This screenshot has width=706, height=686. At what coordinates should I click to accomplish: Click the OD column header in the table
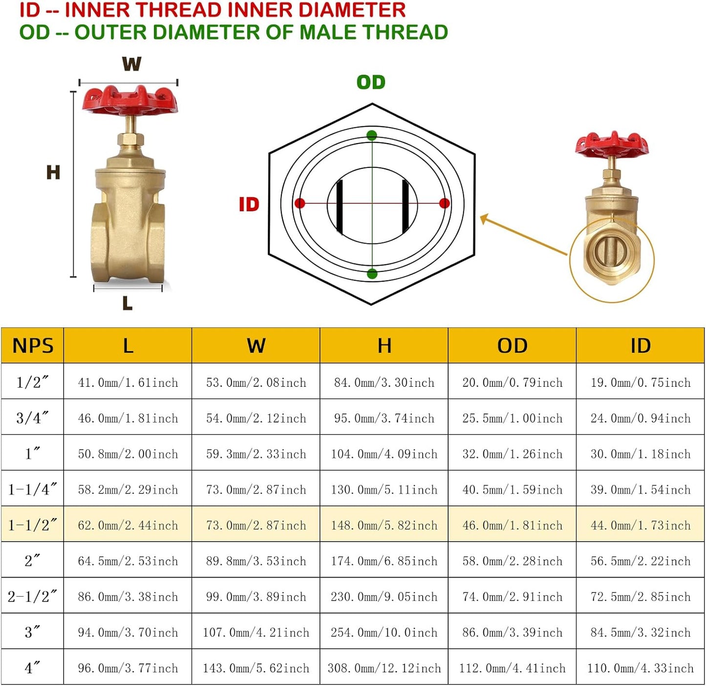click(512, 346)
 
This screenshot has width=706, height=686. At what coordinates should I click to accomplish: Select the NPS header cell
click(33, 346)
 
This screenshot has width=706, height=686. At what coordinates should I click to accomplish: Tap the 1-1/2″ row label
click(33, 525)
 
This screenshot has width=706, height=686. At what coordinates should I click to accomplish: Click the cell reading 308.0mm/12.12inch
click(384, 668)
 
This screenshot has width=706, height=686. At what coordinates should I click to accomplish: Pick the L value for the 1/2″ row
click(128, 382)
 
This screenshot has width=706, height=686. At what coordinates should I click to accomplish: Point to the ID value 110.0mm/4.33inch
click(640, 668)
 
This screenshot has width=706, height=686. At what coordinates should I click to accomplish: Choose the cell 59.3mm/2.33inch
click(256, 454)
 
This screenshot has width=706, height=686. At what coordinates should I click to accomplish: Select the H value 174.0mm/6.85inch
click(384, 561)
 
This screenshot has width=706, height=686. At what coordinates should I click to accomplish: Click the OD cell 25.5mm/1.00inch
click(512, 418)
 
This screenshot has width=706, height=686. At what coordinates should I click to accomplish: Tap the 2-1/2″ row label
click(33, 597)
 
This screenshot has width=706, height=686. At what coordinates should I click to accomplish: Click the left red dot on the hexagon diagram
click(300, 203)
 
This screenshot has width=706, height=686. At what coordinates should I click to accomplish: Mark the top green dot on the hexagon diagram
click(372, 135)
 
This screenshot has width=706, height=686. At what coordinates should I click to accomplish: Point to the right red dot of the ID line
click(444, 203)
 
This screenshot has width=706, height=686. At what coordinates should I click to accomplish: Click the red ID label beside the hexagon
click(249, 204)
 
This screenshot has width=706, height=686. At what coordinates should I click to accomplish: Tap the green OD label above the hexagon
click(371, 82)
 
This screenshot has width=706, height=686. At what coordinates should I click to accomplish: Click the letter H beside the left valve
click(53, 172)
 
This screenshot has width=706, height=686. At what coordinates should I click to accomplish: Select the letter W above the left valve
click(131, 63)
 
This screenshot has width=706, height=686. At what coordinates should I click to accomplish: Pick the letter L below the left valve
click(127, 303)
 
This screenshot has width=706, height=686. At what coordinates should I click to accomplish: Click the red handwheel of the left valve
click(129, 101)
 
